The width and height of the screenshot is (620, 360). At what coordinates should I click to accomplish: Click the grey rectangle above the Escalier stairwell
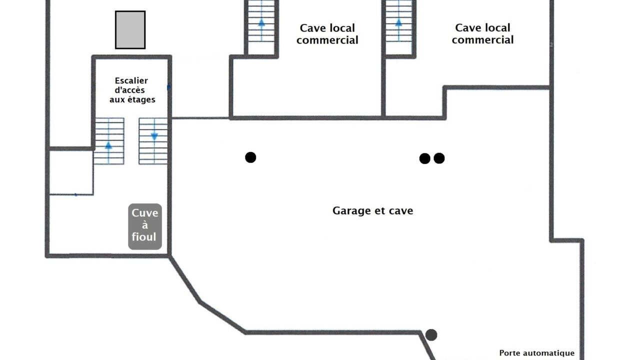tap(130, 30)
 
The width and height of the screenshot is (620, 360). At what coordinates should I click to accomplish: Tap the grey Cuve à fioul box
tap(145, 226)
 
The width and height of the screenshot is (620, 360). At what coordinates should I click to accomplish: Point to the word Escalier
tap(131, 80)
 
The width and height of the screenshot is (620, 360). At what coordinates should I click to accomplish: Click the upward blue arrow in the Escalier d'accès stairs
tap(108, 145)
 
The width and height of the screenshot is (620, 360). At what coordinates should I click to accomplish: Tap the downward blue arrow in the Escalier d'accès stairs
tap(154, 136)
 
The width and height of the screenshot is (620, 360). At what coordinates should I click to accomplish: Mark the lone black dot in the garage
tap(250, 157)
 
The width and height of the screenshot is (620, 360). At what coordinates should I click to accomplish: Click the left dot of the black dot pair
tap(424, 158)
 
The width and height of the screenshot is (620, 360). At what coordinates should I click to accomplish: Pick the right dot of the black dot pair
tap(439, 158)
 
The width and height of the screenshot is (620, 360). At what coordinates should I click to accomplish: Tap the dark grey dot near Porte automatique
tap(431, 335)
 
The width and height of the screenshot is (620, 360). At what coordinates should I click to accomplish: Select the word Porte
tap(510, 353)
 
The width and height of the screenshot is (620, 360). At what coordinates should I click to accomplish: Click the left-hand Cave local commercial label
tap(327, 34)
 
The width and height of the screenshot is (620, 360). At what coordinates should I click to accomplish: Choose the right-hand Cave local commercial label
tap(482, 33)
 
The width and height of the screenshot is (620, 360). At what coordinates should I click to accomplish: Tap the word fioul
tap(144, 237)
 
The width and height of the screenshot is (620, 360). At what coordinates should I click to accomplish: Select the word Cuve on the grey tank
tap(145, 213)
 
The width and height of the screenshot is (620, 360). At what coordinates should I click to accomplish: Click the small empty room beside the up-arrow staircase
tap(71, 171)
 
